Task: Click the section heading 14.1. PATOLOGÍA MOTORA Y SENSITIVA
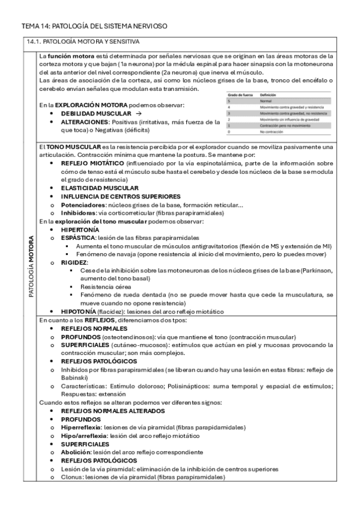coord(84,43)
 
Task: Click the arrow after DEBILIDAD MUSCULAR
coord(138,113)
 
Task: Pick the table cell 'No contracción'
coord(272,131)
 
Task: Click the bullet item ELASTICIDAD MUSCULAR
coord(99,188)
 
